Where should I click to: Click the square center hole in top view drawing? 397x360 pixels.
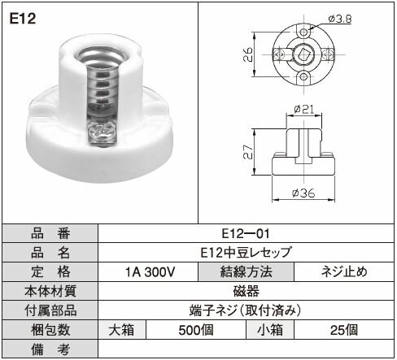[302, 54]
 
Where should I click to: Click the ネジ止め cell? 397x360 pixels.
[344, 271]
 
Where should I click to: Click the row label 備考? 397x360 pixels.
[50, 349]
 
